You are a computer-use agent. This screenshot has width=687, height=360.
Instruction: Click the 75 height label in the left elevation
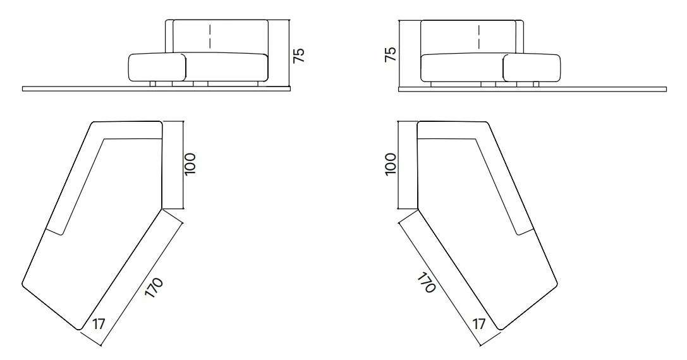(298, 55)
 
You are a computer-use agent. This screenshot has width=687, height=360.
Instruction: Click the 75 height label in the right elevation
(390, 54)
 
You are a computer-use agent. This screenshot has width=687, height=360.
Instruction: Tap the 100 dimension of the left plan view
(191, 164)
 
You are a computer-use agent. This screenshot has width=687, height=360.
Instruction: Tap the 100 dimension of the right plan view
(390, 164)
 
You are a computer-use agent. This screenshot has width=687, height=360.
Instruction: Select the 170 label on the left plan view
(154, 288)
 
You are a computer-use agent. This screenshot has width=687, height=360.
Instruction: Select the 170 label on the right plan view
(425, 283)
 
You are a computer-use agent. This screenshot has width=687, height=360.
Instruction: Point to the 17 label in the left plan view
(99, 324)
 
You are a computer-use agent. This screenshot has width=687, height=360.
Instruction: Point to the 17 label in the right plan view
(479, 324)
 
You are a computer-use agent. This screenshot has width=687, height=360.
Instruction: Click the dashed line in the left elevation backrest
(210, 37)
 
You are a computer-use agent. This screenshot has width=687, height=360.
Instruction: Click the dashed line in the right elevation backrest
(479, 37)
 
